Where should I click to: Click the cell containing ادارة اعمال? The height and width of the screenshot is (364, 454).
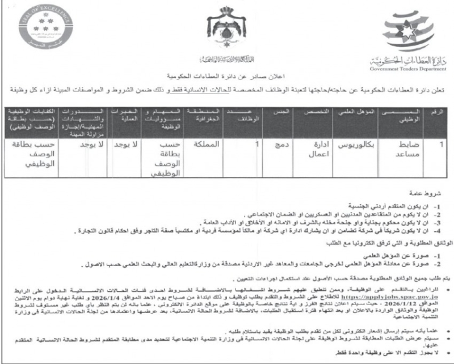click(x=311, y=150)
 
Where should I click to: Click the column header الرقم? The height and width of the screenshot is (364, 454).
click(x=439, y=112)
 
